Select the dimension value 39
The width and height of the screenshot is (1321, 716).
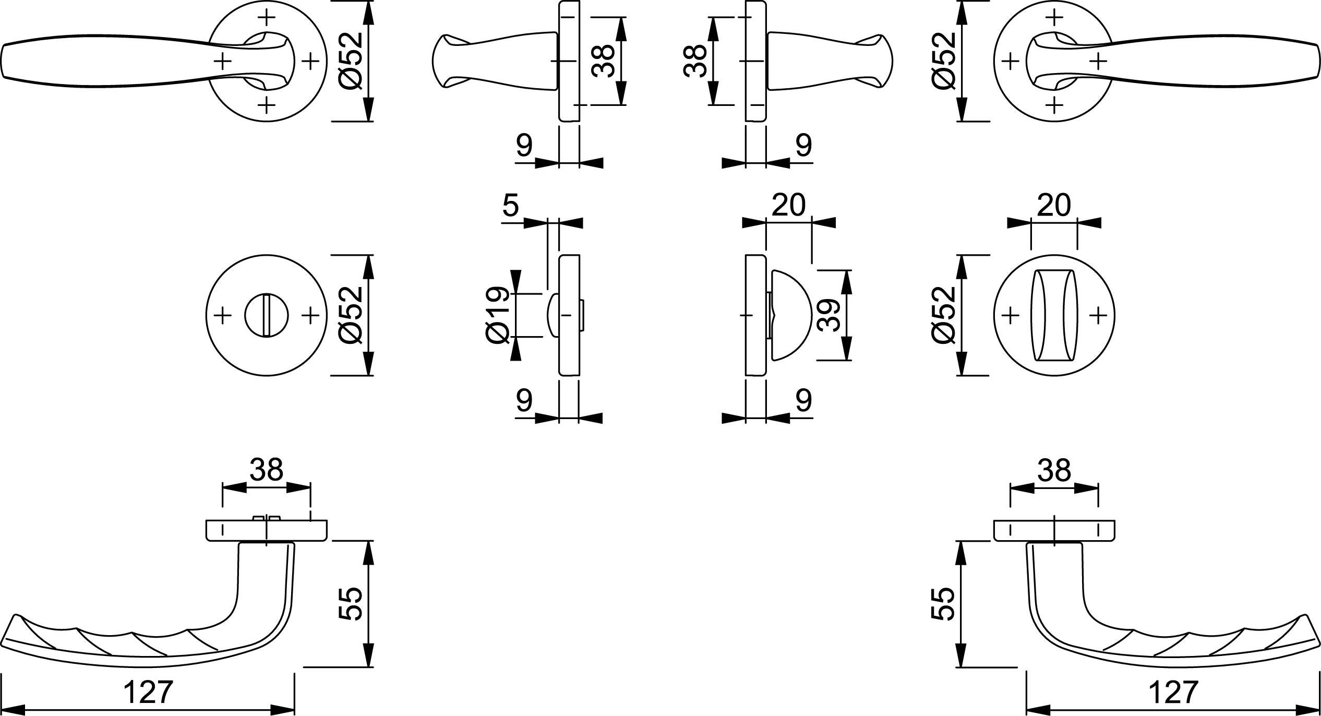[x=828, y=315]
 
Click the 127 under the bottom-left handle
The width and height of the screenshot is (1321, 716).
[x=148, y=693]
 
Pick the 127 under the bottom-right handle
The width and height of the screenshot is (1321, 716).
[x=1173, y=693]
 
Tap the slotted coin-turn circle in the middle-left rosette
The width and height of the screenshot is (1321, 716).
[x=267, y=315]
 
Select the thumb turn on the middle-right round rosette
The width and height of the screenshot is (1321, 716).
[x=1054, y=315]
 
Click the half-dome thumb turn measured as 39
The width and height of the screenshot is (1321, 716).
[x=790, y=315]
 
